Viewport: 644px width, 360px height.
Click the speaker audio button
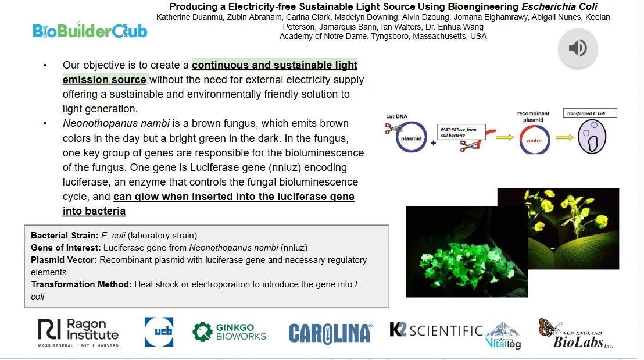(x=578, y=48)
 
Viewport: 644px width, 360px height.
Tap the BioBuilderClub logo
(x=90, y=30)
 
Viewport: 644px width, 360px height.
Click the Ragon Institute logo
(x=78, y=333)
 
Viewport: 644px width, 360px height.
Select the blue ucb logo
(x=159, y=332)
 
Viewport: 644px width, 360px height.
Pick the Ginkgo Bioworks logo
(x=229, y=332)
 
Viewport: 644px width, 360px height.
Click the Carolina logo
(x=331, y=333)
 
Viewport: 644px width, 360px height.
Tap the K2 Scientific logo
(x=436, y=330)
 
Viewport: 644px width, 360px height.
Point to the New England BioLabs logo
(x=576, y=333)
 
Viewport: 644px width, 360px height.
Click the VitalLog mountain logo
(x=503, y=336)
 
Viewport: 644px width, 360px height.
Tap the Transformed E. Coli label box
(x=590, y=113)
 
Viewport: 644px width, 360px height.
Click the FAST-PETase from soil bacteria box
(x=461, y=132)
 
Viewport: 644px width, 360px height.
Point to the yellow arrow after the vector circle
(x=564, y=137)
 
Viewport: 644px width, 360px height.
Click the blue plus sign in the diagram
(x=433, y=143)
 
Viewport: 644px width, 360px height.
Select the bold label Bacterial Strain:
(x=65, y=236)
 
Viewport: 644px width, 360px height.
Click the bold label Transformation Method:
(x=81, y=284)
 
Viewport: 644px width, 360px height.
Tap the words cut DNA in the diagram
(x=396, y=116)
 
